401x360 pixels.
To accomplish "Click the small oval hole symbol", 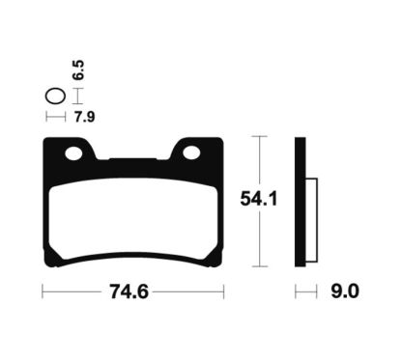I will (x=55, y=97).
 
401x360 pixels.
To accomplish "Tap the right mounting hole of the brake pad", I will (x=191, y=152).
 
